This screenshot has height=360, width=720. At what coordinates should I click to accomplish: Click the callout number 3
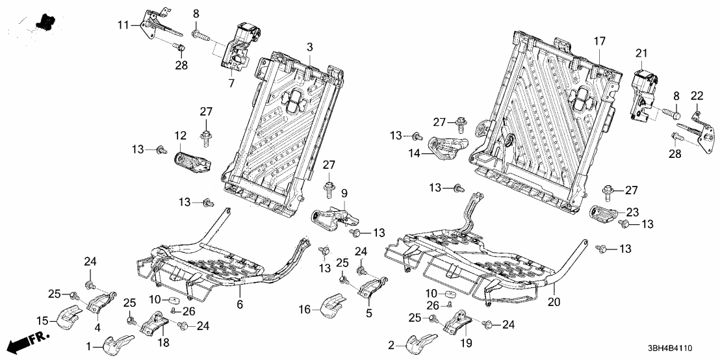(310, 47)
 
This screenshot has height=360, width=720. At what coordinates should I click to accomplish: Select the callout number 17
(598, 42)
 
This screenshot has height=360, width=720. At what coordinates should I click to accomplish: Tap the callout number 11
(123, 25)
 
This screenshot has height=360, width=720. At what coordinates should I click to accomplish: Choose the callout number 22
(697, 96)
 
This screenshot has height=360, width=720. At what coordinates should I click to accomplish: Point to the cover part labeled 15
(66, 317)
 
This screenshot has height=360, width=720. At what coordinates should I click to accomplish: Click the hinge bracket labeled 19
(461, 323)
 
